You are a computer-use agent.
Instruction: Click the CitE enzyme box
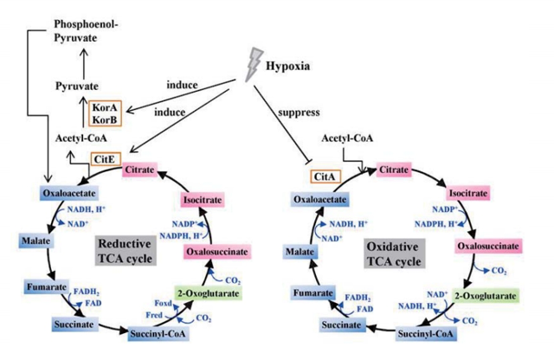point(104,159)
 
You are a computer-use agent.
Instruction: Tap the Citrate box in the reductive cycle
point(139,170)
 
